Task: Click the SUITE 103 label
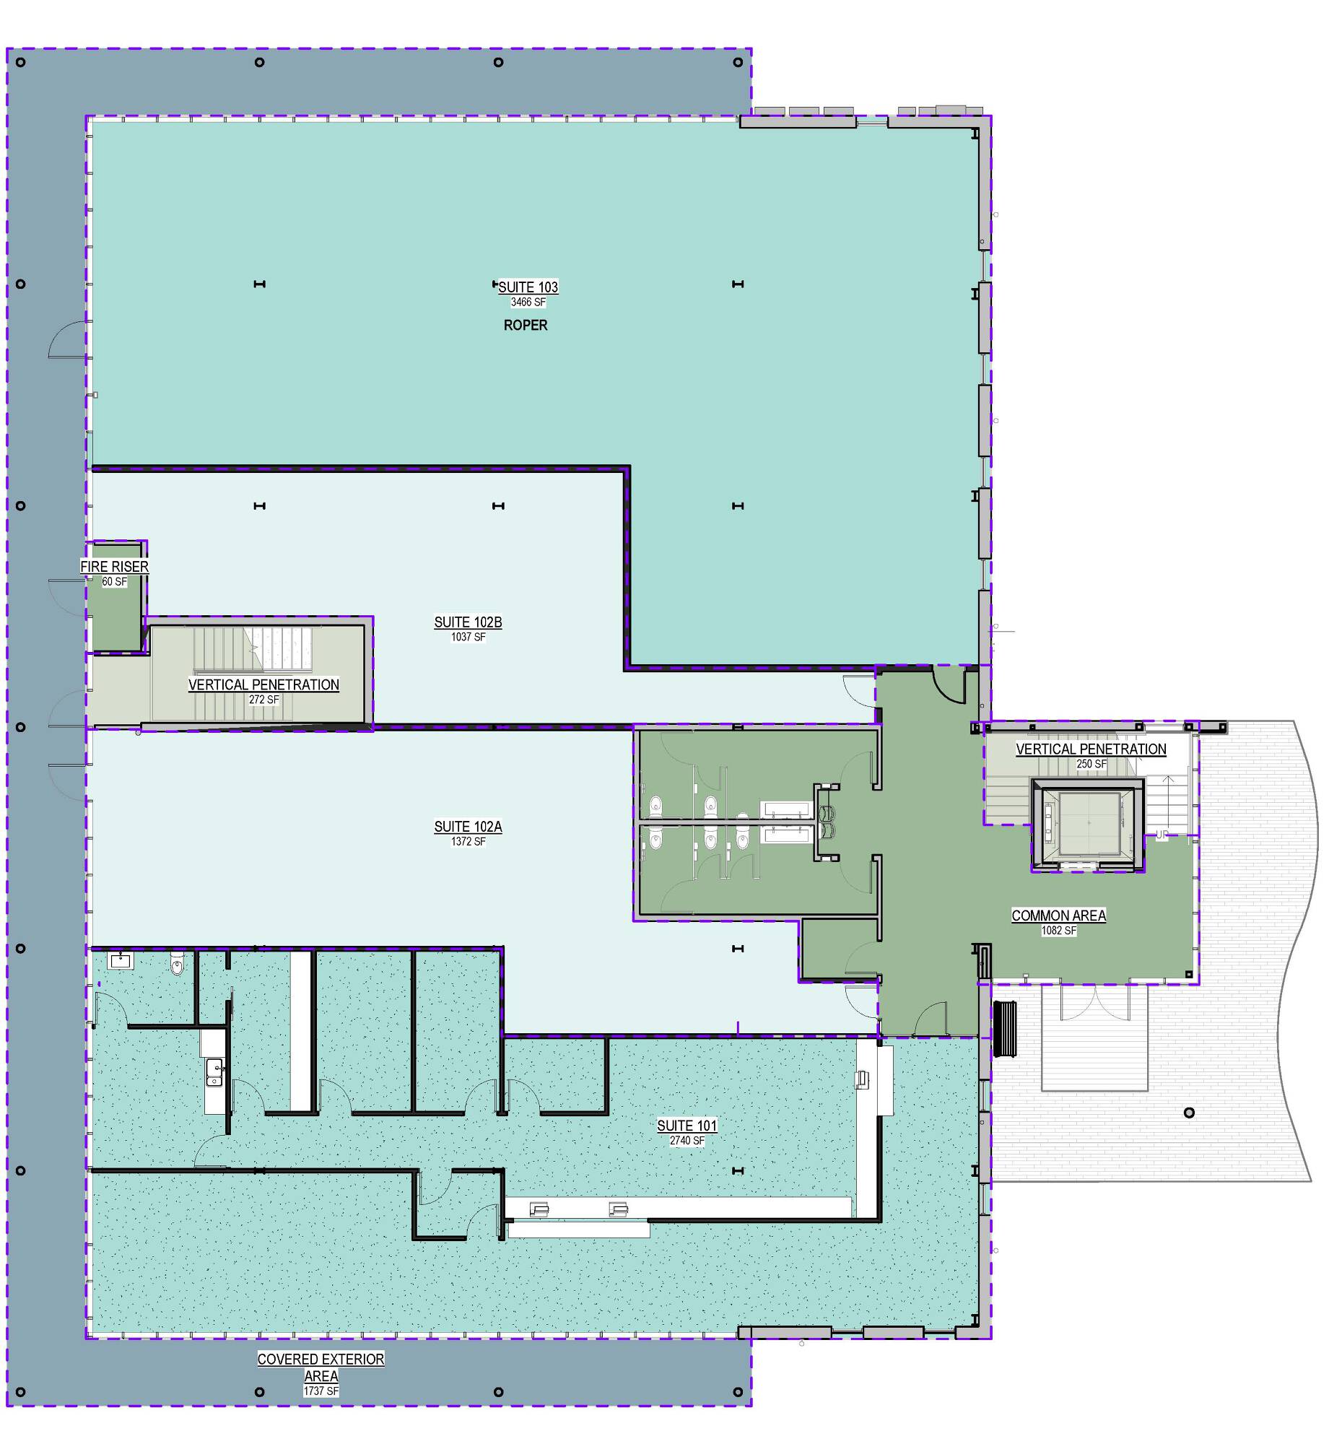coord(528,287)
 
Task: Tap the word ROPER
coord(526,326)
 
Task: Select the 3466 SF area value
coord(528,303)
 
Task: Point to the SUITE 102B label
coord(468,622)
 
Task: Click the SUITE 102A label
coord(468,827)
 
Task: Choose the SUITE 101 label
coord(687,1126)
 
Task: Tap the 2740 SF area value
coord(687,1141)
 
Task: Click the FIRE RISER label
coord(114,567)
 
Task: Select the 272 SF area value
coord(264,700)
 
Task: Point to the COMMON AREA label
coord(1058,915)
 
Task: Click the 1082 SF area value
coord(1059,931)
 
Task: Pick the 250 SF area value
coord(1091,764)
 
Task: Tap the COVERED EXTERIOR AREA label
coord(321,1367)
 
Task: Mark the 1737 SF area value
coord(321,1391)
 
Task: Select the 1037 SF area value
coord(469,638)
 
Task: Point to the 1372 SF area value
coord(469,842)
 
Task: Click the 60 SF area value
coord(114,582)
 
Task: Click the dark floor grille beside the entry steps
coord(1005,1029)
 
